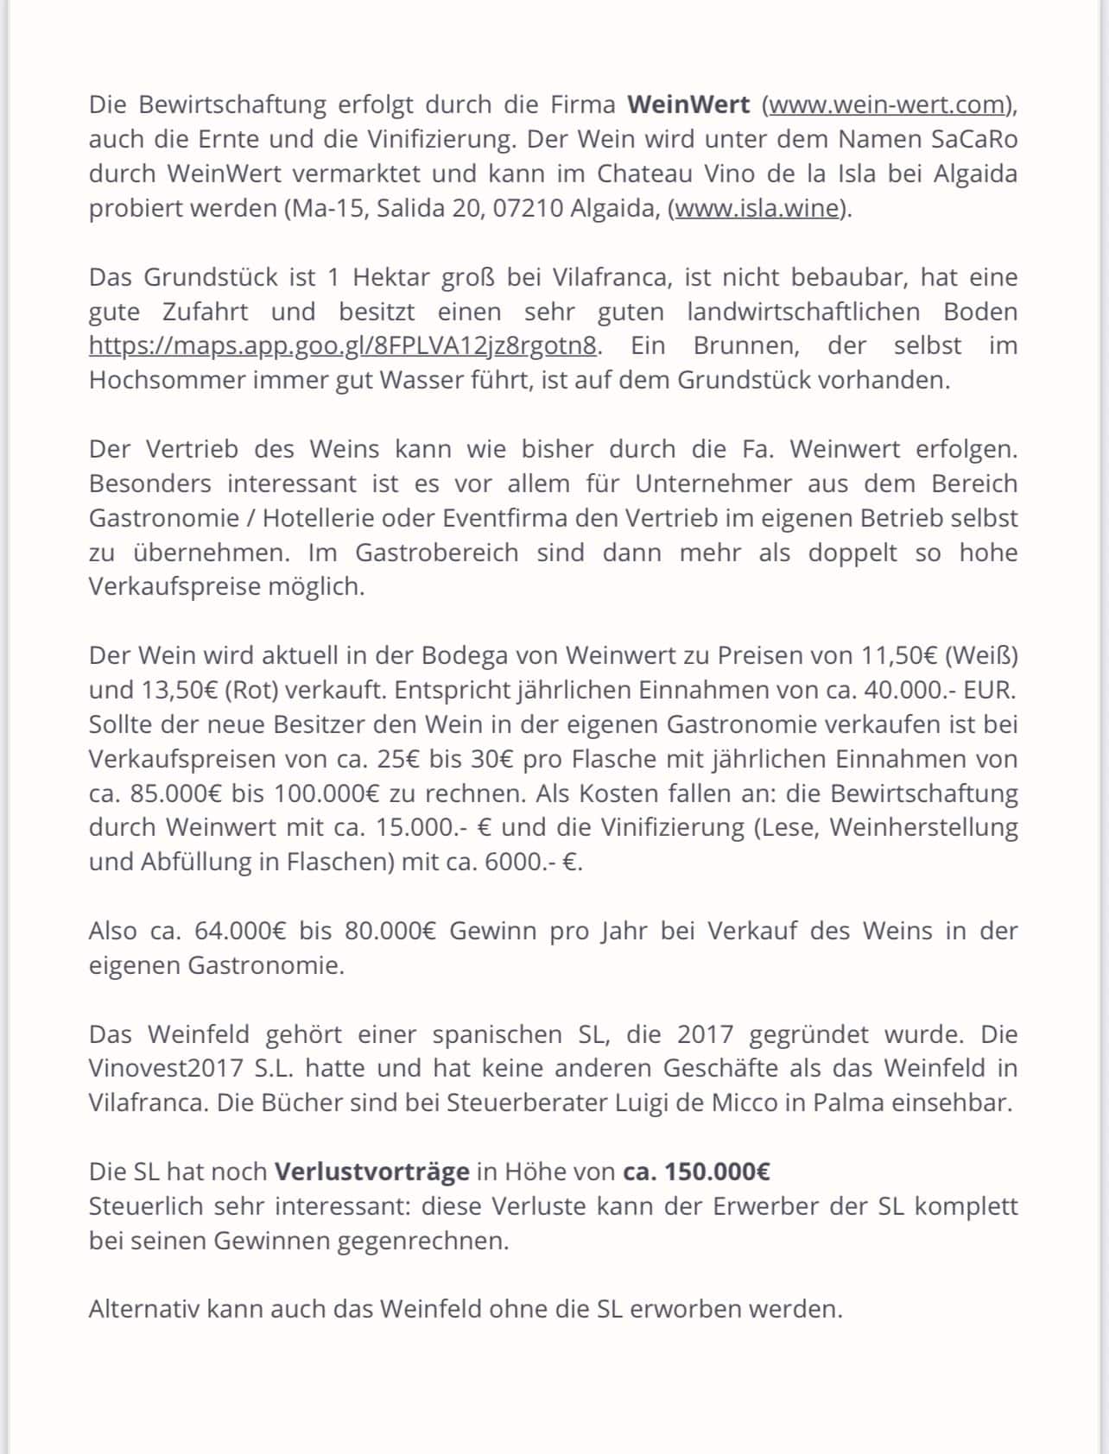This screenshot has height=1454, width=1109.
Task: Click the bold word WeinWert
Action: (x=688, y=105)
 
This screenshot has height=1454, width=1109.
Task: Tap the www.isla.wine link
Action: (x=757, y=209)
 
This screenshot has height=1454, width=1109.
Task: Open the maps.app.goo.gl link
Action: (x=343, y=346)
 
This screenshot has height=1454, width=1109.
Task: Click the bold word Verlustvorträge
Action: (x=371, y=1172)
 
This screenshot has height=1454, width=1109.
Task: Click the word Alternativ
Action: (x=143, y=1309)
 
